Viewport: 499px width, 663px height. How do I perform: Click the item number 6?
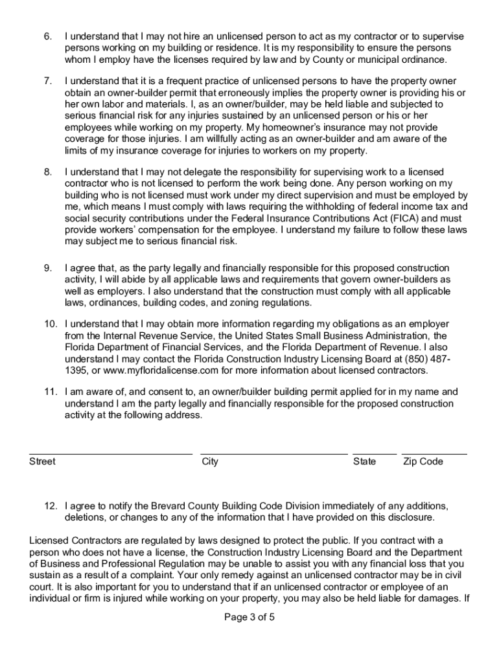pos(48,36)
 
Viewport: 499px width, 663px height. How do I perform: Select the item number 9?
pos(48,268)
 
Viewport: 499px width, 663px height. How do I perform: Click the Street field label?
pos(42,462)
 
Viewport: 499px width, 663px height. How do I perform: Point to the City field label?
pos(210,462)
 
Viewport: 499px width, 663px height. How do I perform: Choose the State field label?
pos(364,462)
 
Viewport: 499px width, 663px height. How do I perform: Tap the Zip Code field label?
pos(423,462)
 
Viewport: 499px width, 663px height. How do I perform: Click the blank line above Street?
pos(111,454)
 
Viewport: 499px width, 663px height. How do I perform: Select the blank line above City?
pos(274,454)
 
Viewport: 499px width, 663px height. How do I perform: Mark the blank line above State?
pos(375,454)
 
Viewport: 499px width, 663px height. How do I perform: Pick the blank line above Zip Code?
pos(434,454)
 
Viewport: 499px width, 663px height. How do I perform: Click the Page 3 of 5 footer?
pos(250,617)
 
